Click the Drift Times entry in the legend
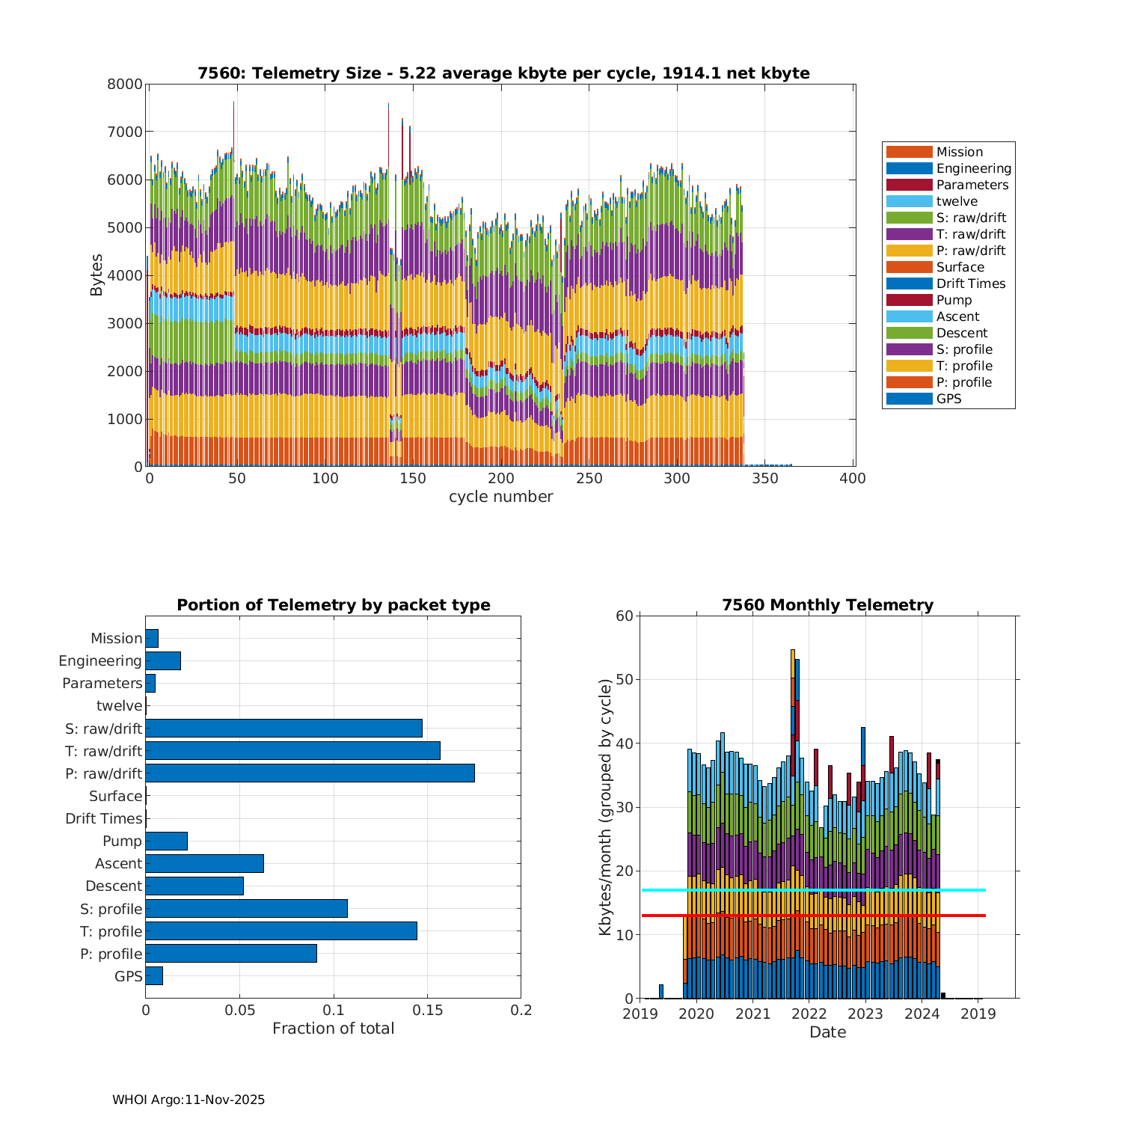[x=970, y=283]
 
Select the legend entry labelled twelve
[x=957, y=201]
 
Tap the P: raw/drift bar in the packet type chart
[x=310, y=773]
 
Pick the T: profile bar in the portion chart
[x=281, y=931]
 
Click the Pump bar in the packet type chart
[x=166, y=841]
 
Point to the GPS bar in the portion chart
[x=154, y=976]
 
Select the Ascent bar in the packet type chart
[x=204, y=863]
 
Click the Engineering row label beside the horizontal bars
[x=100, y=661]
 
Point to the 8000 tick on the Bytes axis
[x=124, y=85]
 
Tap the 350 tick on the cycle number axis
[x=765, y=479]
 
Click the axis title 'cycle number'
[x=500, y=497]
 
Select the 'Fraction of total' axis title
[x=333, y=1028]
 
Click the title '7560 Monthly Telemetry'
[x=827, y=605]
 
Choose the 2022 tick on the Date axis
[x=809, y=1014]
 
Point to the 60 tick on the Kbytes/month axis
[x=625, y=616]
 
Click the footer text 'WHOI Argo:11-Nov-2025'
[x=188, y=1100]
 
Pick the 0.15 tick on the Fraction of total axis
[x=427, y=1011]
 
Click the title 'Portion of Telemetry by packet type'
[x=333, y=605]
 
